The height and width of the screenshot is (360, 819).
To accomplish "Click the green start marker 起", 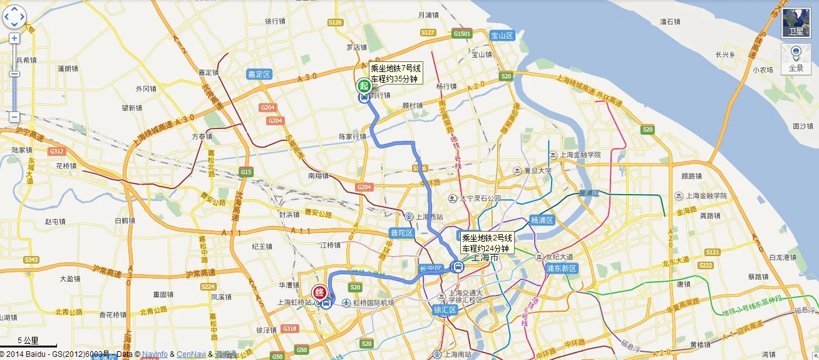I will (363, 86).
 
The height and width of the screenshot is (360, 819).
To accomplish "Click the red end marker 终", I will (319, 292).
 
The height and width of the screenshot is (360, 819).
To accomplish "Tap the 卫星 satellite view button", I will (795, 23).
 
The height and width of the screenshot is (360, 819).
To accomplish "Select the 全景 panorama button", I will (795, 58).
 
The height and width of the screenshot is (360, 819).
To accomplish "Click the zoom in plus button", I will (14, 38).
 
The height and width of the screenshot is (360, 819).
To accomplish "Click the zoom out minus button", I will (14, 116).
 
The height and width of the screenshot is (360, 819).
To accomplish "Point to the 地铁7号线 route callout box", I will (396, 73).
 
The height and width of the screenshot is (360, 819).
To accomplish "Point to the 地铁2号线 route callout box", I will (487, 243).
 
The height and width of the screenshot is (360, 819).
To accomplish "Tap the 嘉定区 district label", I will (259, 75).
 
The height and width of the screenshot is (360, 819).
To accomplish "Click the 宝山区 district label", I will (502, 36).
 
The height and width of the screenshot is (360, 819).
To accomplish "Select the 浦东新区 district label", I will (561, 269).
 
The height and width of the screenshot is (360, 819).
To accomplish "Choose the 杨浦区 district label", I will (542, 220).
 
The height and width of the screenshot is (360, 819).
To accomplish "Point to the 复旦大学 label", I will (536, 170).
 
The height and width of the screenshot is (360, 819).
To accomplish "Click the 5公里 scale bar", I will (28, 342).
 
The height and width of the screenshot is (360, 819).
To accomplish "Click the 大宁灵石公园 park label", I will (480, 198).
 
